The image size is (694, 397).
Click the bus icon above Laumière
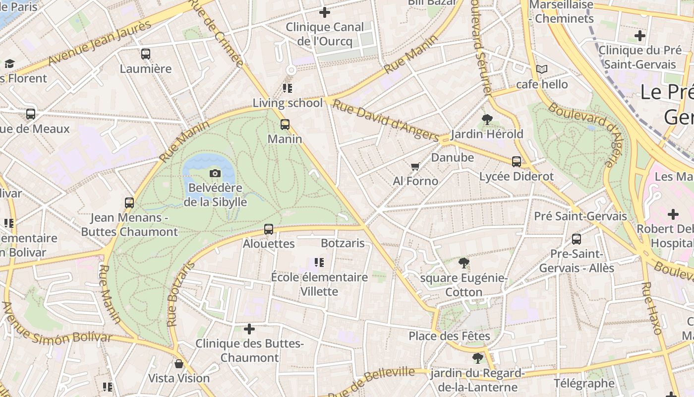pos(145,54)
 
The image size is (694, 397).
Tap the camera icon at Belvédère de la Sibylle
pos(215,173)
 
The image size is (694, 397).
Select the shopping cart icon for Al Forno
pos(415,166)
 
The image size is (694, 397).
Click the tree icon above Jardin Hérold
pos(487,119)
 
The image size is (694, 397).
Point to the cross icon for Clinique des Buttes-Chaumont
pos(249,329)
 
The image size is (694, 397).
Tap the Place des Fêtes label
pos(449,336)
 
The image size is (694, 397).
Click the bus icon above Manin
pos(285,124)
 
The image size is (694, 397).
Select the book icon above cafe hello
pos(542,69)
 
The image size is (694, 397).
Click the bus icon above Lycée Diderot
pos(516,161)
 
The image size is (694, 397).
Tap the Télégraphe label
pos(584,383)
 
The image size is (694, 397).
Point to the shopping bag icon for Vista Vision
pos(179,364)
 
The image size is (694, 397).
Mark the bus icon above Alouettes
pos(268,229)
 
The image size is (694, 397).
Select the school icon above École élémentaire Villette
pos(319,262)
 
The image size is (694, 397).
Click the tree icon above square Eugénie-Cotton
pos(463,263)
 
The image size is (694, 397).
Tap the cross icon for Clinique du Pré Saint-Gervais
pos(640,36)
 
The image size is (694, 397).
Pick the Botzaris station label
pos(343,243)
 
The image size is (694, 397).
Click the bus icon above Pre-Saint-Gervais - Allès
pos(577,239)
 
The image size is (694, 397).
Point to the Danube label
pos(453,157)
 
